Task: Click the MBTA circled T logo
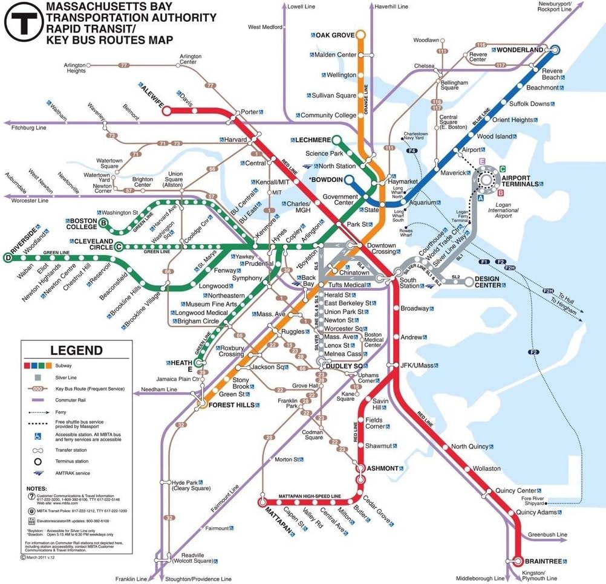[x=24, y=24]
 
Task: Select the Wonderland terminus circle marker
[x=555, y=50]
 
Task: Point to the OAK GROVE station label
[x=334, y=36]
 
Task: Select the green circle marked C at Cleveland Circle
[x=119, y=246]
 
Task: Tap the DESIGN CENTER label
[x=495, y=282]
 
